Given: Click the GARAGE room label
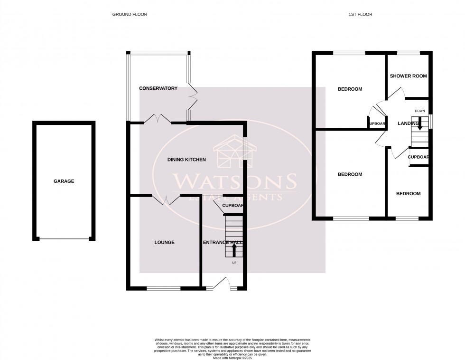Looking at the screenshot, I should click(64, 181).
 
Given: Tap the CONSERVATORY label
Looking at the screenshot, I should click(158, 88).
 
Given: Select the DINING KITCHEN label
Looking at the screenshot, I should click(186, 160).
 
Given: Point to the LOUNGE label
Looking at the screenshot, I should click(164, 242).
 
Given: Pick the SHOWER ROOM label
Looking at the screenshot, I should click(408, 76).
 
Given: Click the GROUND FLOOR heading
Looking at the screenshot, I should click(130, 15).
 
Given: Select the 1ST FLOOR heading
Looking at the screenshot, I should click(360, 15).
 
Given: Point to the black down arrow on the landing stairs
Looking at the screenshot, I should click(419, 125).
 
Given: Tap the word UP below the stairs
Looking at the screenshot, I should click(234, 263).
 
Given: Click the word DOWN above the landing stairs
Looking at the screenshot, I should click(419, 111).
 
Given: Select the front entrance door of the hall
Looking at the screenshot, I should click(222, 284).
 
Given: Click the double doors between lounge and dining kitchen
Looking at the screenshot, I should click(166, 199).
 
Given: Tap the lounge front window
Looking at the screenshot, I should click(164, 288).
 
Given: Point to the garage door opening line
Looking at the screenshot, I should click(64, 238).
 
